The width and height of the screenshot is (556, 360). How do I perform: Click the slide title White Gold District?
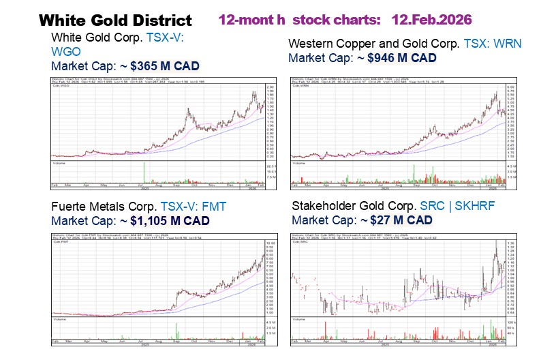click(115, 20)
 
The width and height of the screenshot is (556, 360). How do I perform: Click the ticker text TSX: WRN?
click(493, 44)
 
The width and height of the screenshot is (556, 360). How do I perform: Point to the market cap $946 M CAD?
click(401, 59)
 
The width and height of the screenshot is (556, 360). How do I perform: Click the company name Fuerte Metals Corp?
click(104, 207)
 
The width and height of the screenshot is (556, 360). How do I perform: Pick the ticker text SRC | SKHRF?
click(457, 205)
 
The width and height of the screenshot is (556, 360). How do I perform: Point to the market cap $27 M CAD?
click(399, 220)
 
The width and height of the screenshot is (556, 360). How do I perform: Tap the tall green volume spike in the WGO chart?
click(144, 172)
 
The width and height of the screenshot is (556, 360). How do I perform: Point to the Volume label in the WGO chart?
click(59, 164)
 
